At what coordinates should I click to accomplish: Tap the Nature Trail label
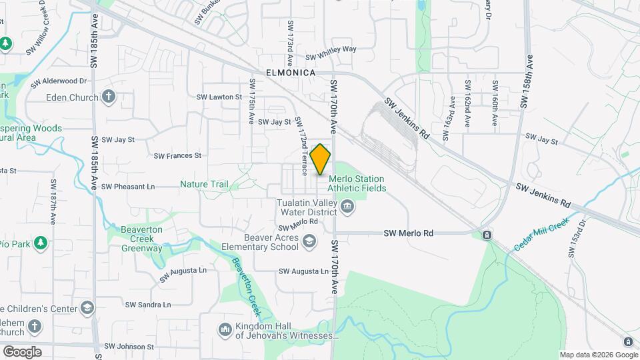tap(204, 184)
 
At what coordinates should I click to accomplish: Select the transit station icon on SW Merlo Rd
tap(487, 235)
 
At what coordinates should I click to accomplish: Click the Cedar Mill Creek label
tap(541, 234)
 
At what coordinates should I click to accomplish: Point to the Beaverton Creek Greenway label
tap(141, 243)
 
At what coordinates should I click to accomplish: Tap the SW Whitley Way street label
tap(331, 49)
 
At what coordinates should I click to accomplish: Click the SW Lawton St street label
tap(219, 97)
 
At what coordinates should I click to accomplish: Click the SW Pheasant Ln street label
tap(128, 187)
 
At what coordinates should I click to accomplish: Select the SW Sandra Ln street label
tap(149, 305)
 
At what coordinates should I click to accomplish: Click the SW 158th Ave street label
tap(526, 82)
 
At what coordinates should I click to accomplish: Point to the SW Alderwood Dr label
tap(59, 81)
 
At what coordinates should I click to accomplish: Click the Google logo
tap(22, 352)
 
